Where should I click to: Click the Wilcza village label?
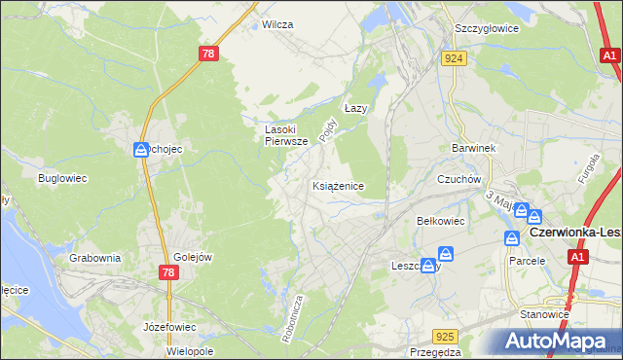(x=277, y=24)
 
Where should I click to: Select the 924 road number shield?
(x=455, y=58)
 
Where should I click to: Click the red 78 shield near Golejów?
(x=167, y=272)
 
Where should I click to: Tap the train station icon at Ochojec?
(x=141, y=149)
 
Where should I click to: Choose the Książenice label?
(x=338, y=185)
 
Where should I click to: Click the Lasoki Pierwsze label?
(x=287, y=134)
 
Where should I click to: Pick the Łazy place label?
(x=356, y=109)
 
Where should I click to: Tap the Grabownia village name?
(x=95, y=258)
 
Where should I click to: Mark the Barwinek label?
(x=474, y=148)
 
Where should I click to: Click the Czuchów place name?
(x=459, y=179)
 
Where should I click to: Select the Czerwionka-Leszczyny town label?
(x=574, y=234)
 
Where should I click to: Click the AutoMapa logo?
(x=559, y=342)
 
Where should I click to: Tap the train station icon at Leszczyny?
(x=428, y=266)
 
